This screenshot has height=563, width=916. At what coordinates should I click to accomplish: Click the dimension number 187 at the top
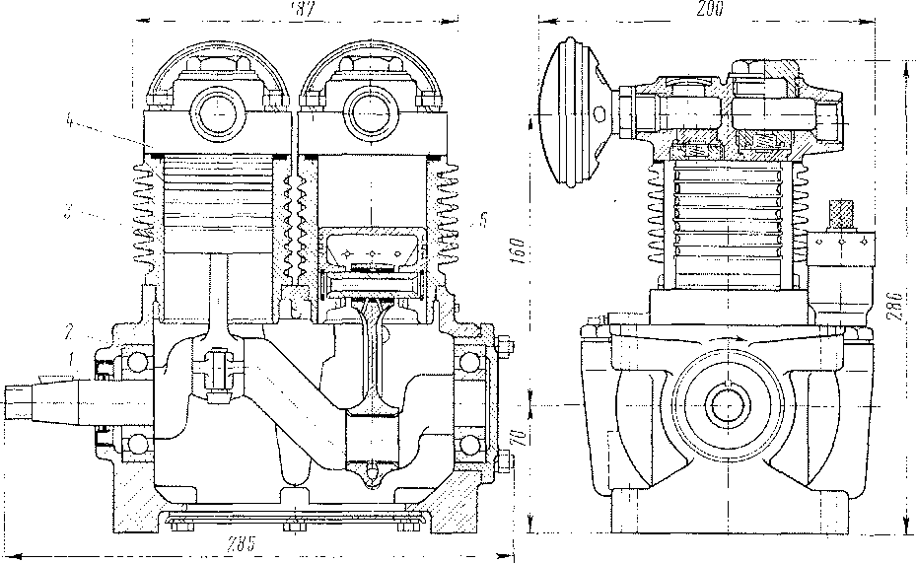tap(296, 9)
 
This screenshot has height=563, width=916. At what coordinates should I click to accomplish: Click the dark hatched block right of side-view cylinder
tap(841, 213)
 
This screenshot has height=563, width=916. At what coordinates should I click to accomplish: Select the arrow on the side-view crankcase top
tap(735, 340)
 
